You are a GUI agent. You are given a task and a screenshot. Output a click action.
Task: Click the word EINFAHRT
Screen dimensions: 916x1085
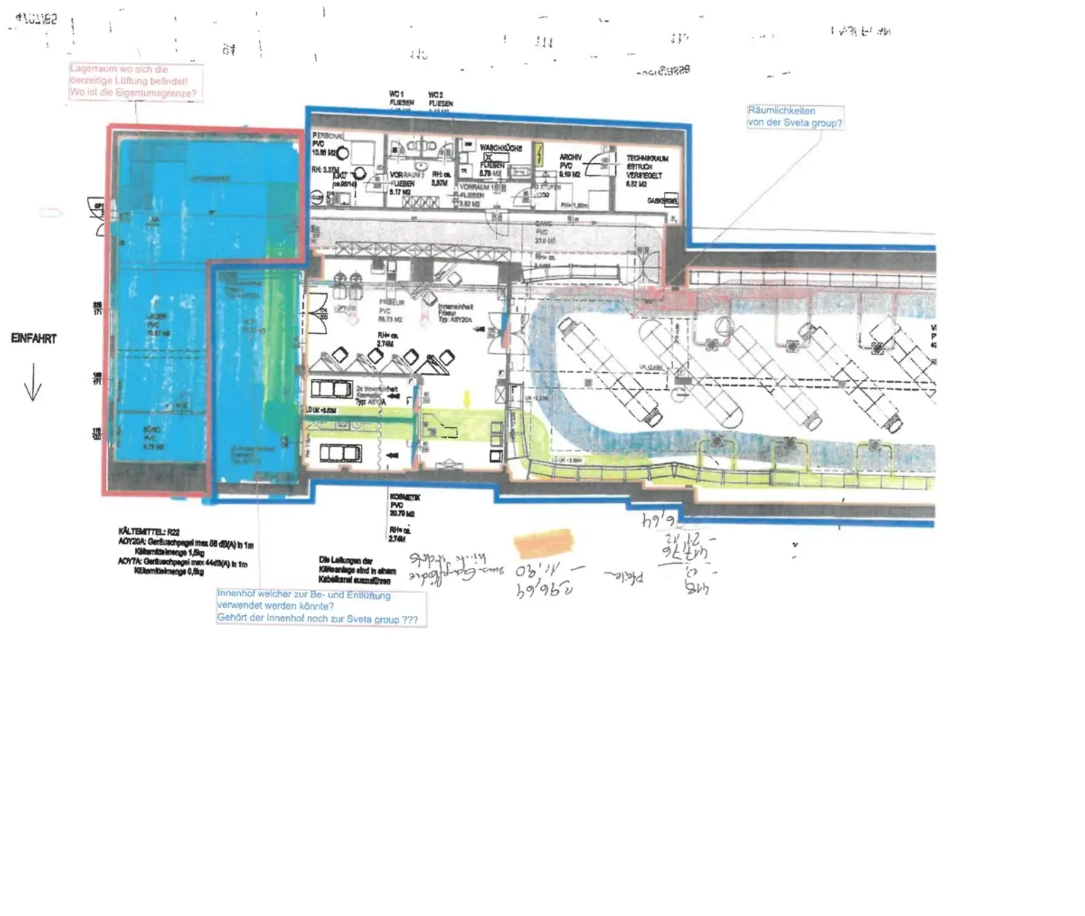(33, 338)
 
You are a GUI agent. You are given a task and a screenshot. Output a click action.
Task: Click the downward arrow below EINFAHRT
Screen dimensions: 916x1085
(32, 386)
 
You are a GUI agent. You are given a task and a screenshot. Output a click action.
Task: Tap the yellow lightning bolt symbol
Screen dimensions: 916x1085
(540, 155)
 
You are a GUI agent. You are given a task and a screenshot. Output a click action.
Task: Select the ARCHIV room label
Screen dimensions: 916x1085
(570, 157)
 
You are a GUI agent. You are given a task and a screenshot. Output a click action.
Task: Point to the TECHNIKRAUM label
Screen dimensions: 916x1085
(646, 159)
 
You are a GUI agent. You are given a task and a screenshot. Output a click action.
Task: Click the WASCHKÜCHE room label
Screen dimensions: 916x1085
(501, 148)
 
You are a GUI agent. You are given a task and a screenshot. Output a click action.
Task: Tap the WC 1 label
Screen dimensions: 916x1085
(396, 94)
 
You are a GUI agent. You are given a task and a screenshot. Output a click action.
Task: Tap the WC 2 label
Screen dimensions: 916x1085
(436, 95)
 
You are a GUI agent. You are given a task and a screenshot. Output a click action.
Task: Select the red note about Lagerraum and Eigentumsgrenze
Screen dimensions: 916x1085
(134, 81)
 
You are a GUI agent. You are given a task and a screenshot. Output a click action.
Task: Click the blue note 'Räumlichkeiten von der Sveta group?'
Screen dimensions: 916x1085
(795, 117)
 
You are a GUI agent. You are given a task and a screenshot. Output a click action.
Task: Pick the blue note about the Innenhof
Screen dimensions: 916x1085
(318, 607)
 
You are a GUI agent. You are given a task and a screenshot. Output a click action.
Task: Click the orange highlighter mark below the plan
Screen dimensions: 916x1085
(543, 542)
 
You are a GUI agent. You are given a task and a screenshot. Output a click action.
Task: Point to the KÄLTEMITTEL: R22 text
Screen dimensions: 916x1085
(149, 532)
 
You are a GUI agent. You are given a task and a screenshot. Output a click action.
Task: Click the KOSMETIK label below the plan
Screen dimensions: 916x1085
(404, 497)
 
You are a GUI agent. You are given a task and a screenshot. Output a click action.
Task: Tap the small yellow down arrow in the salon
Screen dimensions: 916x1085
(466, 399)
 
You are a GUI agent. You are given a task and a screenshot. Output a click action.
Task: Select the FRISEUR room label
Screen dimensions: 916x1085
(391, 302)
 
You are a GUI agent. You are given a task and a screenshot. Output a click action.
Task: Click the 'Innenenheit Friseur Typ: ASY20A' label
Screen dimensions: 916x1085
(456, 313)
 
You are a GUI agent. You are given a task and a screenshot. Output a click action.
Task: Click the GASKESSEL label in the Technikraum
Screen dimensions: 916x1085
(663, 201)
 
